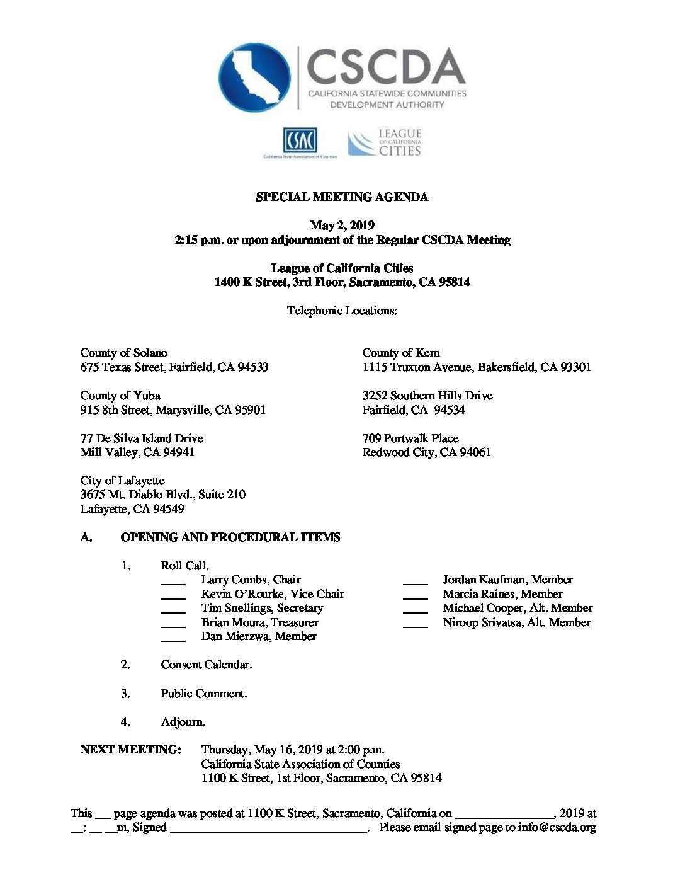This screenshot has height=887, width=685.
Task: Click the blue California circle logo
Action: click(254, 77)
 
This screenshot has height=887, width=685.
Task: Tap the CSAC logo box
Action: click(300, 140)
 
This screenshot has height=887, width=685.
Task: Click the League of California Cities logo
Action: click(385, 143)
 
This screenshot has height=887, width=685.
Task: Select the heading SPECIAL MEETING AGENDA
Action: click(342, 197)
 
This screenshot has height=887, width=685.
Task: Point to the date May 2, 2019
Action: click(342, 226)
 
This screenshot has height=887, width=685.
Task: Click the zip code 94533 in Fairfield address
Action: click(252, 367)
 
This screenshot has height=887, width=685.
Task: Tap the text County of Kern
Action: click(401, 353)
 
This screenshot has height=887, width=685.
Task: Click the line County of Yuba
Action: click(120, 396)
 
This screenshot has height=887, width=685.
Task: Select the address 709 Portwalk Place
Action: click(410, 438)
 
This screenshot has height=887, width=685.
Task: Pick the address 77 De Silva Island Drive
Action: click(142, 438)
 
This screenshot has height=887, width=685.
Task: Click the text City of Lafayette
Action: click(122, 481)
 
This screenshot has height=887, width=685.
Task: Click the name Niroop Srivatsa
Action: click(485, 622)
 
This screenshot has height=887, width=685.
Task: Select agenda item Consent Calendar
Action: click(206, 665)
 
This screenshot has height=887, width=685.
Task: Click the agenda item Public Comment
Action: click(203, 694)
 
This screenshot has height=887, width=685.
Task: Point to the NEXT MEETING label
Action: click(130, 750)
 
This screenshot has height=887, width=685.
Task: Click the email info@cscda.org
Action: click(557, 828)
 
